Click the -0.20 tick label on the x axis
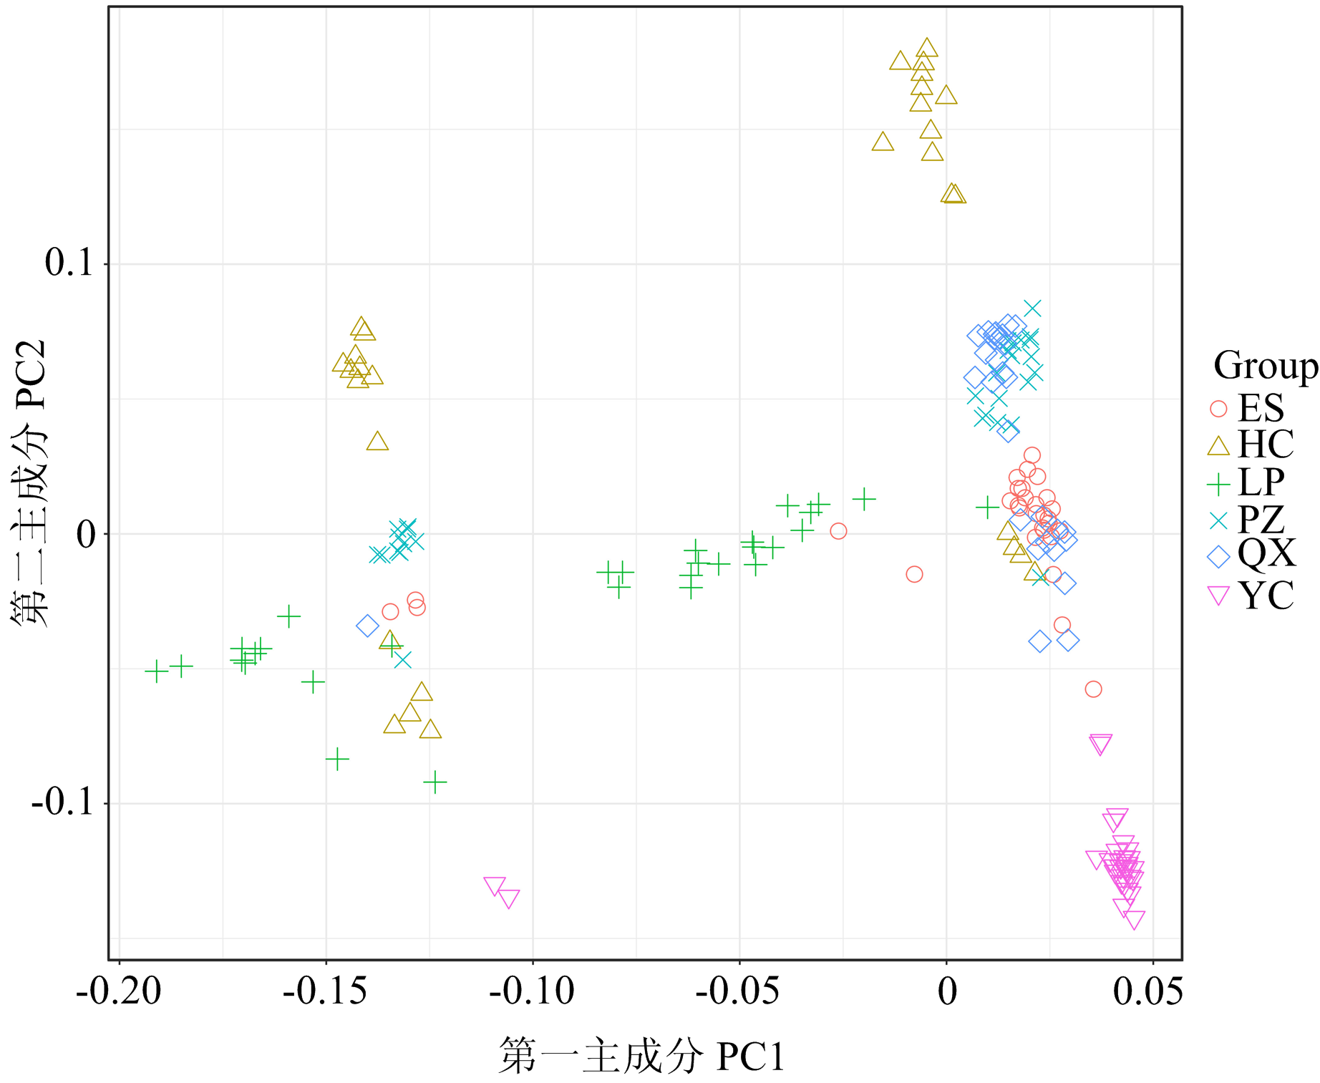pyautogui.click(x=119, y=992)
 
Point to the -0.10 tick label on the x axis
pyautogui.click(x=532, y=992)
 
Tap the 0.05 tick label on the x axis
pyautogui.click(x=1148, y=992)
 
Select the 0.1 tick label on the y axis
pyautogui.click(x=69, y=263)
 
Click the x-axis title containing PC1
pyautogui.click(x=642, y=1057)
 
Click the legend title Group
pyautogui.click(x=1265, y=366)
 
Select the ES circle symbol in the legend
pyautogui.click(x=1218, y=409)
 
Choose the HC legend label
pyautogui.click(x=1266, y=445)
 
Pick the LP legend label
pyautogui.click(x=1261, y=482)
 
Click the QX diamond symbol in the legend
pyautogui.click(x=1218, y=556)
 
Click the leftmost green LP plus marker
pyautogui.click(x=156, y=671)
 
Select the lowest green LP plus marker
pyautogui.click(x=435, y=782)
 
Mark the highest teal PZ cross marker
pyautogui.click(x=1032, y=309)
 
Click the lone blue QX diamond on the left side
pyautogui.click(x=367, y=626)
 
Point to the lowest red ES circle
pyautogui.click(x=1093, y=689)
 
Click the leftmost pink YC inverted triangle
pyautogui.click(x=495, y=886)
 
